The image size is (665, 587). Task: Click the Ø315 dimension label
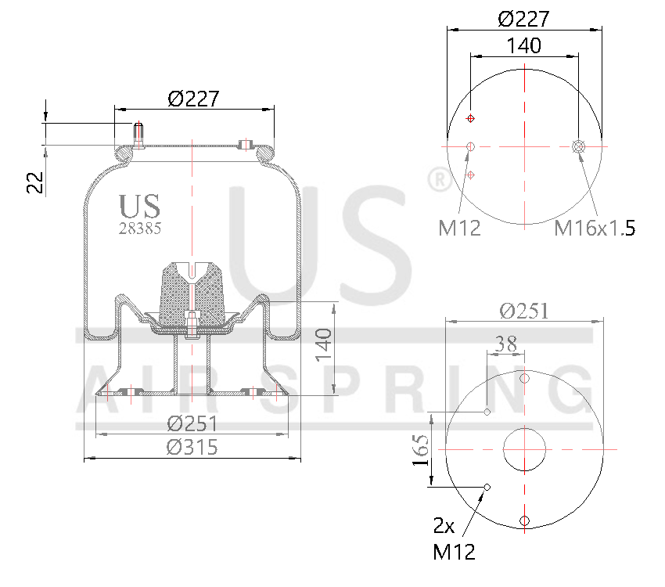[192, 447]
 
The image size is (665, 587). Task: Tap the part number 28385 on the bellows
[140, 229]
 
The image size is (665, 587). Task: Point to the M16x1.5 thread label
[594, 228]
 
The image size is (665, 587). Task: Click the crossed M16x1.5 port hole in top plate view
[579, 146]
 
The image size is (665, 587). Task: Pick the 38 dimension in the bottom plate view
[506, 343]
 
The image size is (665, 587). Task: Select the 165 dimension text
[421, 451]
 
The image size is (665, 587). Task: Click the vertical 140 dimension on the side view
[324, 345]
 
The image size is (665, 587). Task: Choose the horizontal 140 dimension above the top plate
[523, 46]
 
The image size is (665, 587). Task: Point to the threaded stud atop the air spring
[138, 135]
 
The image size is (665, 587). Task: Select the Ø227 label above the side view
[193, 99]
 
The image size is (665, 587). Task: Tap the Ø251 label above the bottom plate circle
[523, 311]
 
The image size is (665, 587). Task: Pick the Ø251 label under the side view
[192, 423]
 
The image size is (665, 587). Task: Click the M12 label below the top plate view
[458, 228]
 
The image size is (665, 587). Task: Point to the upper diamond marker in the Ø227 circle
[470, 118]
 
